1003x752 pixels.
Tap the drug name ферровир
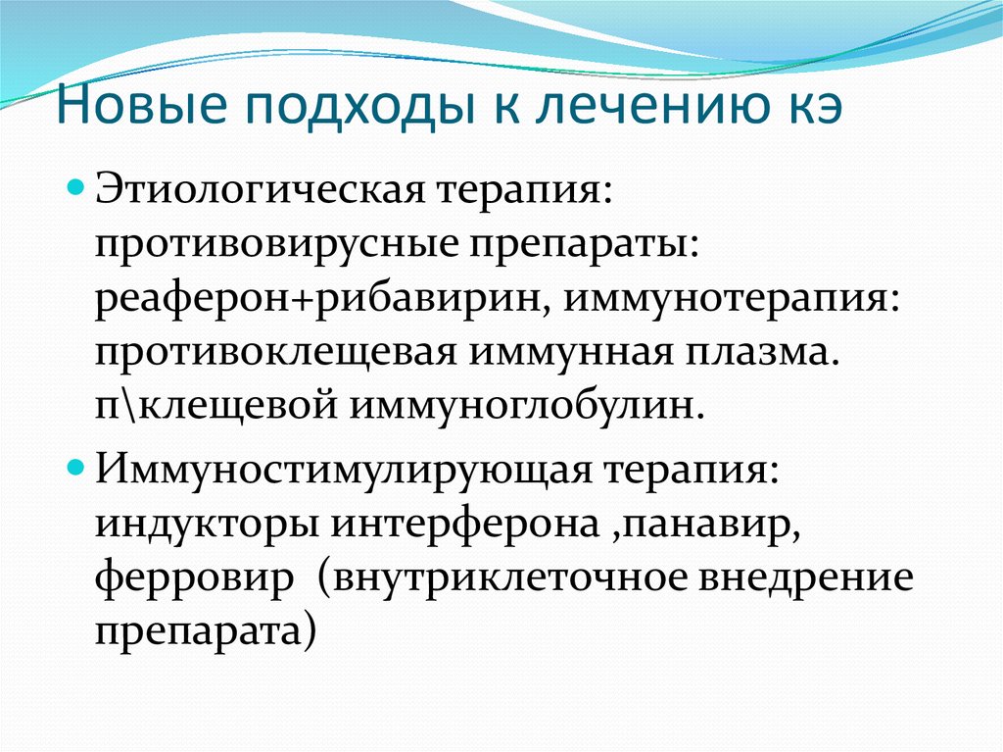point(194,579)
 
